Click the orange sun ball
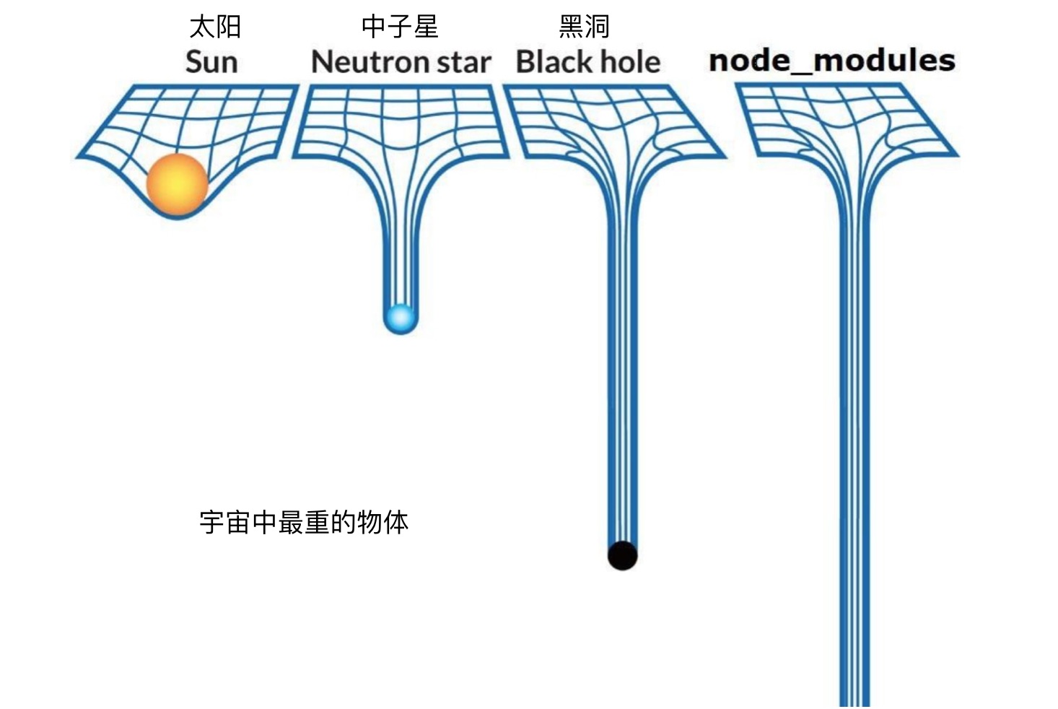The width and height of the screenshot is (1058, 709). (x=177, y=185)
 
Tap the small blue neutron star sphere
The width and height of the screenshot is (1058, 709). (x=400, y=318)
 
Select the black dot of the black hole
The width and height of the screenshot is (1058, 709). (x=622, y=555)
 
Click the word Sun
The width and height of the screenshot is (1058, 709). (x=211, y=62)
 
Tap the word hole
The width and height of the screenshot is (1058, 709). (x=631, y=62)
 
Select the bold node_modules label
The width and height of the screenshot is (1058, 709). (x=831, y=61)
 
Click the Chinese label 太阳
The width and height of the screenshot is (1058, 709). (x=215, y=27)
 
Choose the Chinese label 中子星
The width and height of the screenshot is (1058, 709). (x=400, y=27)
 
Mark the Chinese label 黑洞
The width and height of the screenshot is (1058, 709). (x=584, y=27)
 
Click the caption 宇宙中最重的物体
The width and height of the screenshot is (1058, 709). (x=304, y=522)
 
